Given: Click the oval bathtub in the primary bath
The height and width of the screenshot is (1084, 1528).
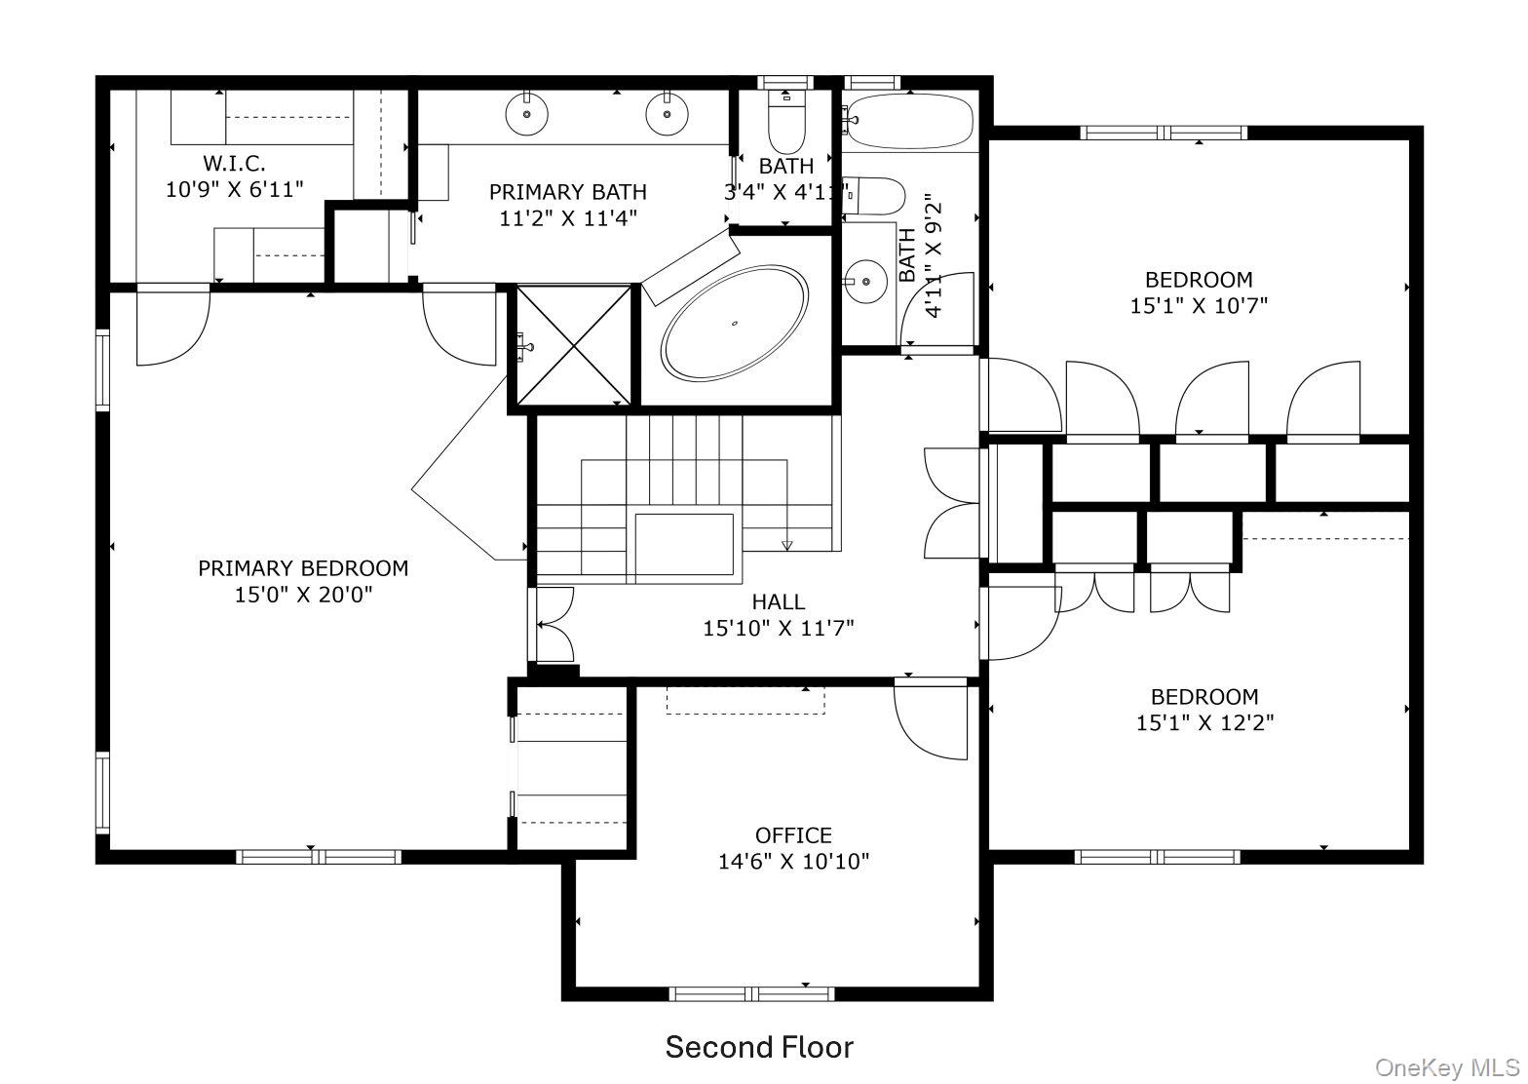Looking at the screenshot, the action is click(x=735, y=324).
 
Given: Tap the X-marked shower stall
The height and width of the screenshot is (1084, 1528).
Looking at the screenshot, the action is click(x=574, y=345).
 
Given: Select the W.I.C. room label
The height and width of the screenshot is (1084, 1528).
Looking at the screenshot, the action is click(x=234, y=163).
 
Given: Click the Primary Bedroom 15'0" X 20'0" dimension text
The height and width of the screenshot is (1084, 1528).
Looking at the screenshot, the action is click(x=304, y=595).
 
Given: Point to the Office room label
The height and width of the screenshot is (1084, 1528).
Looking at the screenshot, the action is click(x=793, y=835).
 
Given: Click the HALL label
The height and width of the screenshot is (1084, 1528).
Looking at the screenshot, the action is click(x=779, y=601).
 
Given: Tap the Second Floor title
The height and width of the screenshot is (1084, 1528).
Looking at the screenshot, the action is click(x=759, y=1047).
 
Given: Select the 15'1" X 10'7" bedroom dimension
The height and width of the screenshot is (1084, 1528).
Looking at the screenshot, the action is click(x=1199, y=306).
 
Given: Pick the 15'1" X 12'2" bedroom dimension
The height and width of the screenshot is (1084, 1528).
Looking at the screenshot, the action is click(x=1204, y=722).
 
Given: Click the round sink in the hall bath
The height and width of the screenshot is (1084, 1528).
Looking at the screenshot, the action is click(x=865, y=281).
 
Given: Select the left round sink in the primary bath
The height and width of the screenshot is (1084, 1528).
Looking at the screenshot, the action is click(x=526, y=114).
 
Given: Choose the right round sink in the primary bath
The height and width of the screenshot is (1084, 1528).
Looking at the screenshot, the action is click(x=667, y=114).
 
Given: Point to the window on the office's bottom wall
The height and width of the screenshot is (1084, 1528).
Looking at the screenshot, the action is click(x=751, y=993).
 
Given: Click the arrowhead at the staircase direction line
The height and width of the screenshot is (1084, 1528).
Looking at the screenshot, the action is click(x=786, y=545).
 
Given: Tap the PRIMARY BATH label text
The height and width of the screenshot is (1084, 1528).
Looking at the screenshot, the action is click(x=567, y=192).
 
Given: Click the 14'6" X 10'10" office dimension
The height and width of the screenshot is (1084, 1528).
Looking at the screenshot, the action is click(x=793, y=862).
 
